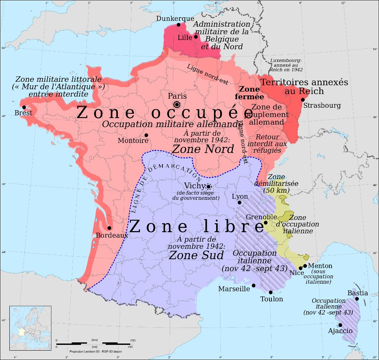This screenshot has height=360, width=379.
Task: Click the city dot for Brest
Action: point(24,107)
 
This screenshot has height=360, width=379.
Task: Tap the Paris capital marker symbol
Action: point(177,104)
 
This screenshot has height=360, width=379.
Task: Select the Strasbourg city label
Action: point(322,106)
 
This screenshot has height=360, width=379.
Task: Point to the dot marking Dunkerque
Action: point(179,25)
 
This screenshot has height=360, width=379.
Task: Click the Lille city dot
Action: point(196,36)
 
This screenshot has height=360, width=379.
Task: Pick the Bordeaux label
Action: point(112,235)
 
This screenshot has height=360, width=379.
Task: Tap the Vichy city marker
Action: point(208,186)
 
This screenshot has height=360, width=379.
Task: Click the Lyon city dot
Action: point(239,203)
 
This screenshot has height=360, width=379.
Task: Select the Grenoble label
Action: point(261,217)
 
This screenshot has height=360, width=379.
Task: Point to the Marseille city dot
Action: point(254,285)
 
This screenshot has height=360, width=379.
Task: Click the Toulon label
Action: point(272,299)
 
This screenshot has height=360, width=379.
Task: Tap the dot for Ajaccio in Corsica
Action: point(340,325)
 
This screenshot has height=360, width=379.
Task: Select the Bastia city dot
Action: point(357,299)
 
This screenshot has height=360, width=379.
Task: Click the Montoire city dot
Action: point(146,135)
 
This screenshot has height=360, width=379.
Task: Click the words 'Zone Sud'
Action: point(196,255)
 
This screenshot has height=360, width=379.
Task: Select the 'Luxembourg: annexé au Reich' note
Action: point(286,64)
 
